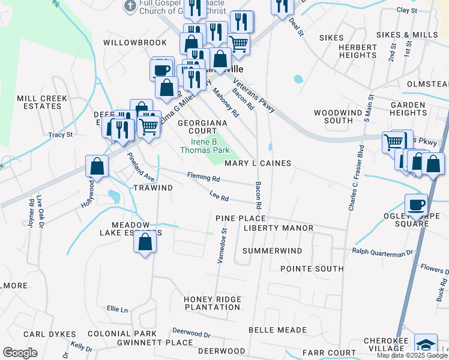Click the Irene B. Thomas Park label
(205, 146)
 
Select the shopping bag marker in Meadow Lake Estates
(145, 242)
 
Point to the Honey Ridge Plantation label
(212, 303)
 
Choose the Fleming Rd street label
(203, 178)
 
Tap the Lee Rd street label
(220, 197)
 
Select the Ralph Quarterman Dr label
(384, 251)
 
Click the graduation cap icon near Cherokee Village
(426, 346)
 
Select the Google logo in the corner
(19, 353)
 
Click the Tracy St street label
(61, 135)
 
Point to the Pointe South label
(312, 269)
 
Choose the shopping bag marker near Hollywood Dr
(97, 166)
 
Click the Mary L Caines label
(258, 163)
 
